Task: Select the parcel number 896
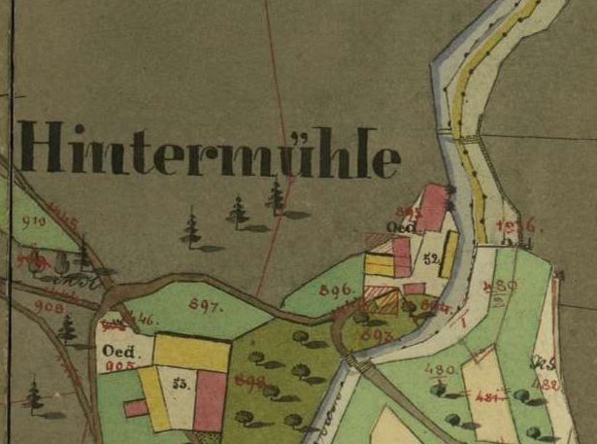[x=333, y=289]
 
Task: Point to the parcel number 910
[x=34, y=222]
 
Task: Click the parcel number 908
[x=49, y=307]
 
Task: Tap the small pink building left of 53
[x=136, y=408]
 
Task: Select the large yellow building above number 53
[x=191, y=352]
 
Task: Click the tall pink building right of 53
[x=210, y=400]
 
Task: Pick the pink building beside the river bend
[x=432, y=208]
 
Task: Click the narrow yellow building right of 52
[x=448, y=255]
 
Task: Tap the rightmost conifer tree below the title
[x=277, y=197]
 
